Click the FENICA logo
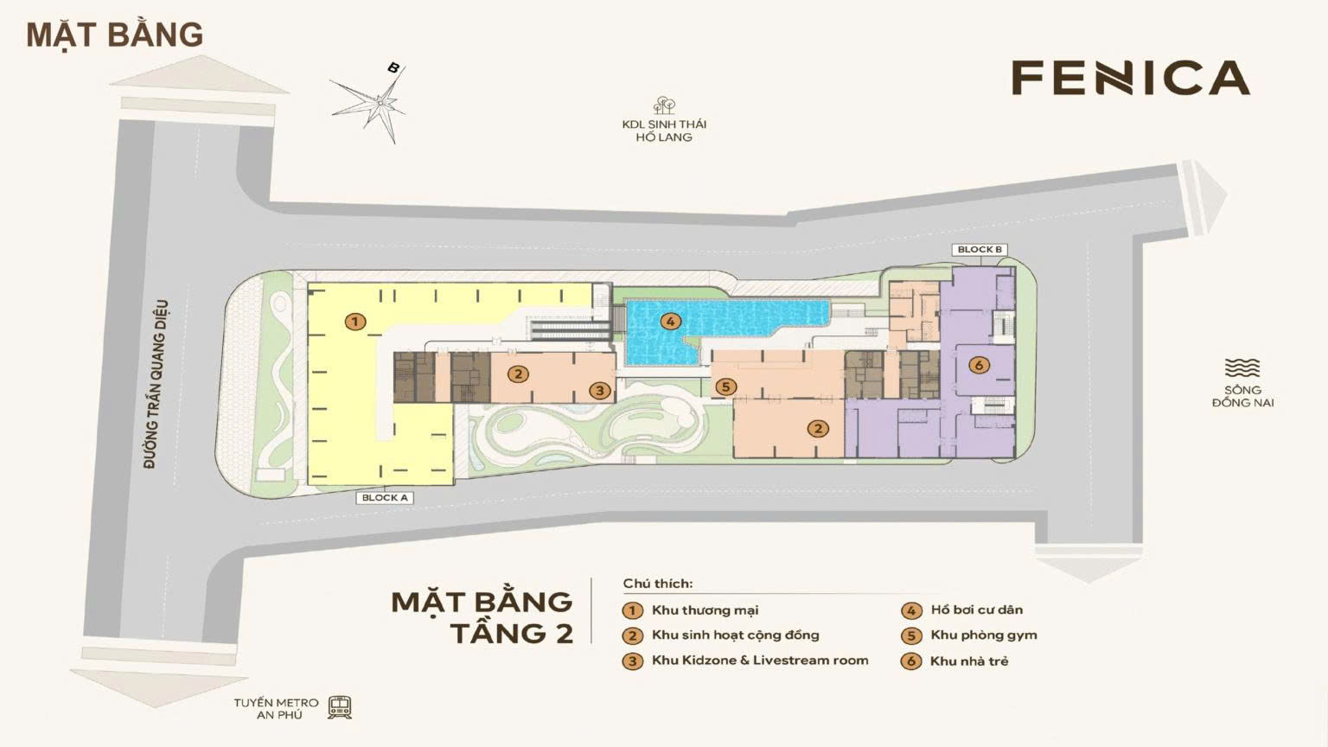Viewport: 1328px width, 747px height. tap(1131, 78)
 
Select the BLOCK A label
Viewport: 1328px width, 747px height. tap(385, 498)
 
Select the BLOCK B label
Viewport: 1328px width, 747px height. tap(980, 250)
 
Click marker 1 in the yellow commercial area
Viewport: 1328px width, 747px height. tap(354, 322)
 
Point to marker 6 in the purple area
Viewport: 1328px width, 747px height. tap(979, 366)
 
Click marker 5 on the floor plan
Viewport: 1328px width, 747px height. tap(725, 387)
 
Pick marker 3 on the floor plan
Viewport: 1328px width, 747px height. tap(600, 391)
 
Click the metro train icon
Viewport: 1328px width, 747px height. tap(340, 708)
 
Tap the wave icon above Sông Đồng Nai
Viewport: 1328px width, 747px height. tap(1242, 368)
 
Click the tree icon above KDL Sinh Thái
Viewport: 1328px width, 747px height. tap(664, 105)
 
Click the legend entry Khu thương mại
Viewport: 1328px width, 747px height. tap(704, 610)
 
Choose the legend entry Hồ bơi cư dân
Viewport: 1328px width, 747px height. tap(976, 610)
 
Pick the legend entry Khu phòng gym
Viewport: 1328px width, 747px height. tap(983, 635)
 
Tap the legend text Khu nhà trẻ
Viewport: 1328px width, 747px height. tap(968, 661)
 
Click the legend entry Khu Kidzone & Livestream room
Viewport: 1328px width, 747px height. tap(759, 661)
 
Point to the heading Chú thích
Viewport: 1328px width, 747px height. tap(658, 584)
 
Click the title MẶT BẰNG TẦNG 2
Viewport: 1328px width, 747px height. tap(482, 616)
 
